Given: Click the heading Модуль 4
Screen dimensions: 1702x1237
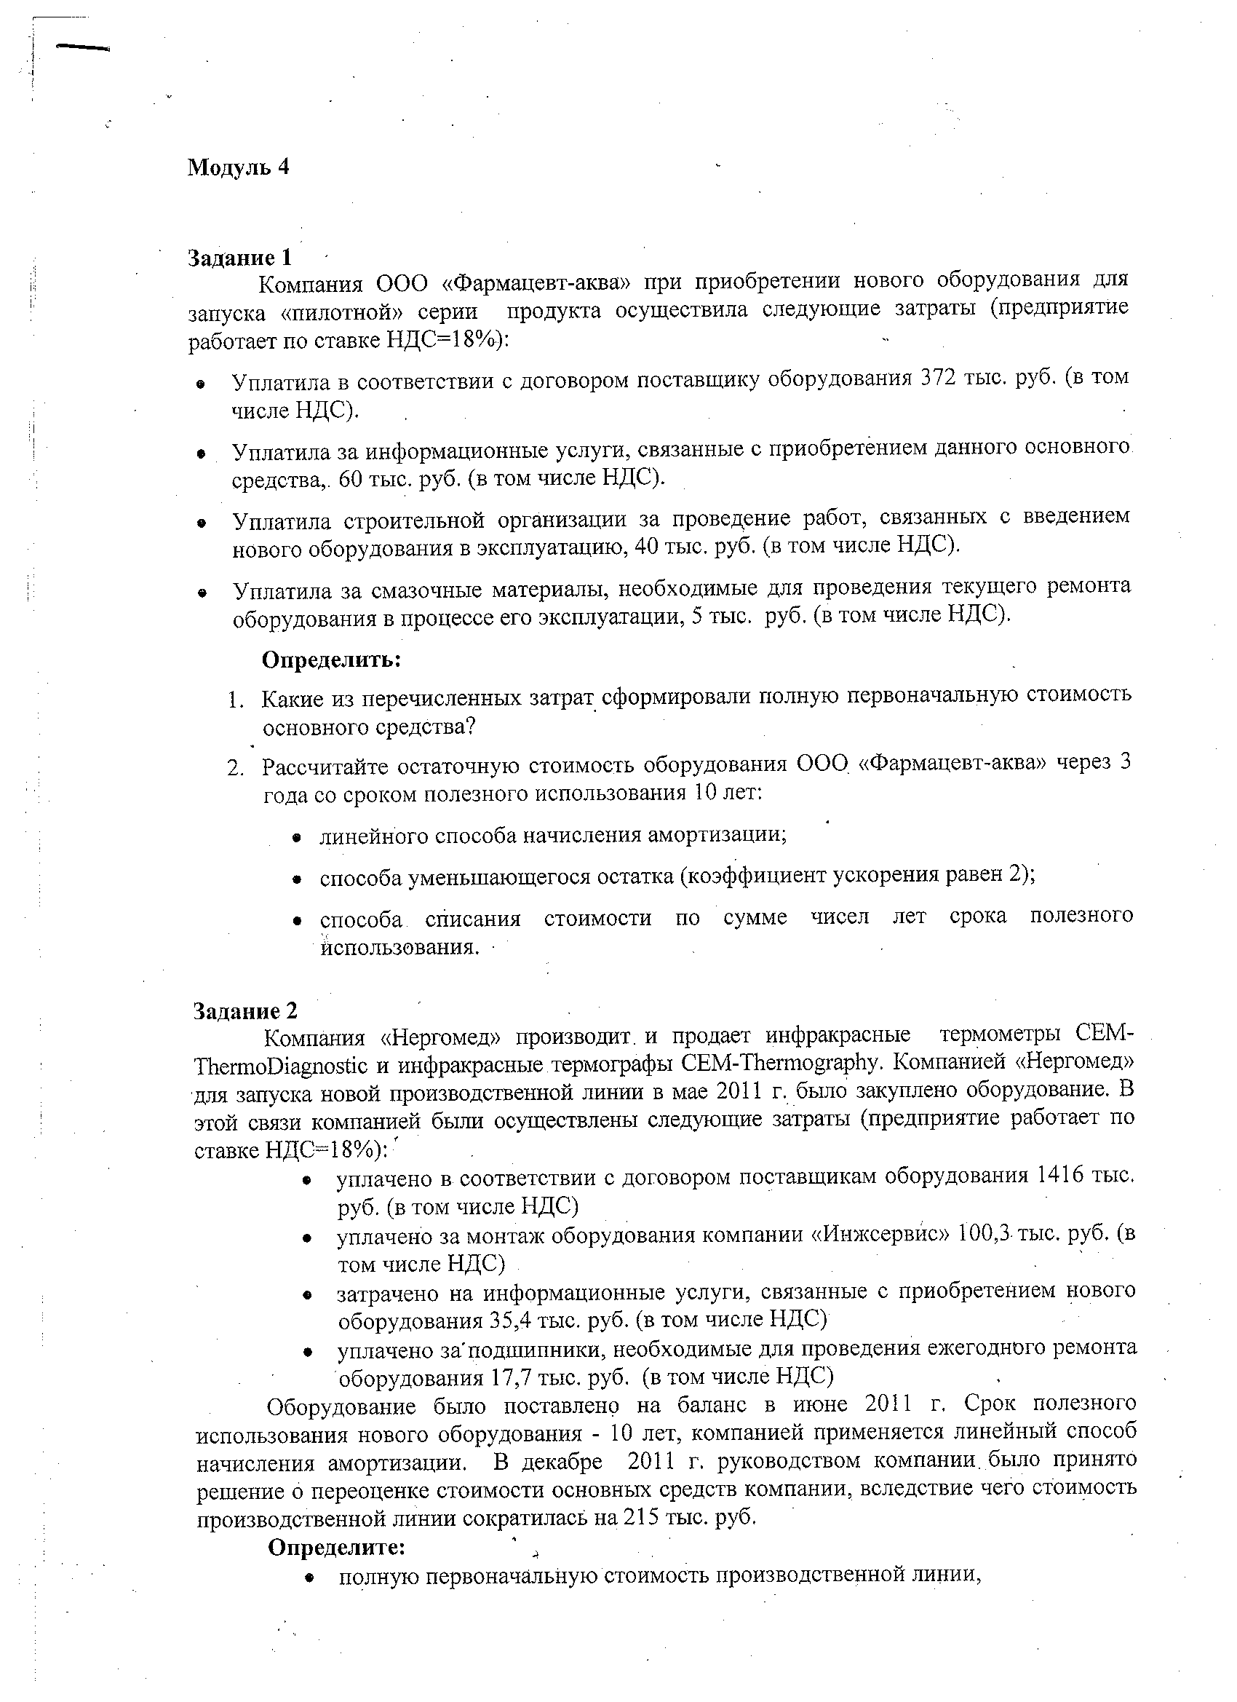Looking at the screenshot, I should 238,167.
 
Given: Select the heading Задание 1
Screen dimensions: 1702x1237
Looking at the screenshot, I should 239,258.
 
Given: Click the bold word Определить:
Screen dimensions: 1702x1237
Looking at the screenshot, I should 332,660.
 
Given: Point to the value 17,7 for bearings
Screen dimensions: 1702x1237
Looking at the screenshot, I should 512,1377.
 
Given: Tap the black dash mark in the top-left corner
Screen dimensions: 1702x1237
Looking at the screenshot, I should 83,47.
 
